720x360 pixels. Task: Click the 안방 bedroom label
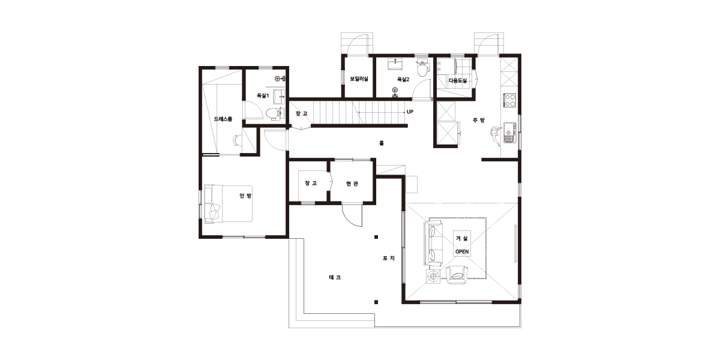(245, 196)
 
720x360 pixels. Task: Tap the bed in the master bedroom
(228, 204)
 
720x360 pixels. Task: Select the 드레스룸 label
(223, 119)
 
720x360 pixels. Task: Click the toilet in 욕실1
(275, 114)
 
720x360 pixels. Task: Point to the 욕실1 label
(263, 95)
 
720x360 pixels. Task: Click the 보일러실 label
(359, 79)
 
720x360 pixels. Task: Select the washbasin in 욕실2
(395, 64)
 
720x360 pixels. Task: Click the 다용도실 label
(458, 80)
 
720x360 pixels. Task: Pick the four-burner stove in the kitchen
(509, 100)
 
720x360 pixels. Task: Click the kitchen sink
(510, 133)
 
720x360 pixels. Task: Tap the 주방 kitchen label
(479, 120)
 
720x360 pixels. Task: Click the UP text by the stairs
(410, 112)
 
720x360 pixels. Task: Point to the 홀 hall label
(382, 143)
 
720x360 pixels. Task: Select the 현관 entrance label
(352, 184)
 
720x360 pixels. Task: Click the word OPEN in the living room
(462, 251)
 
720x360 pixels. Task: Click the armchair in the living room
(457, 275)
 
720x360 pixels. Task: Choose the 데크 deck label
(335, 277)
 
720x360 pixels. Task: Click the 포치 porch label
(389, 258)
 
